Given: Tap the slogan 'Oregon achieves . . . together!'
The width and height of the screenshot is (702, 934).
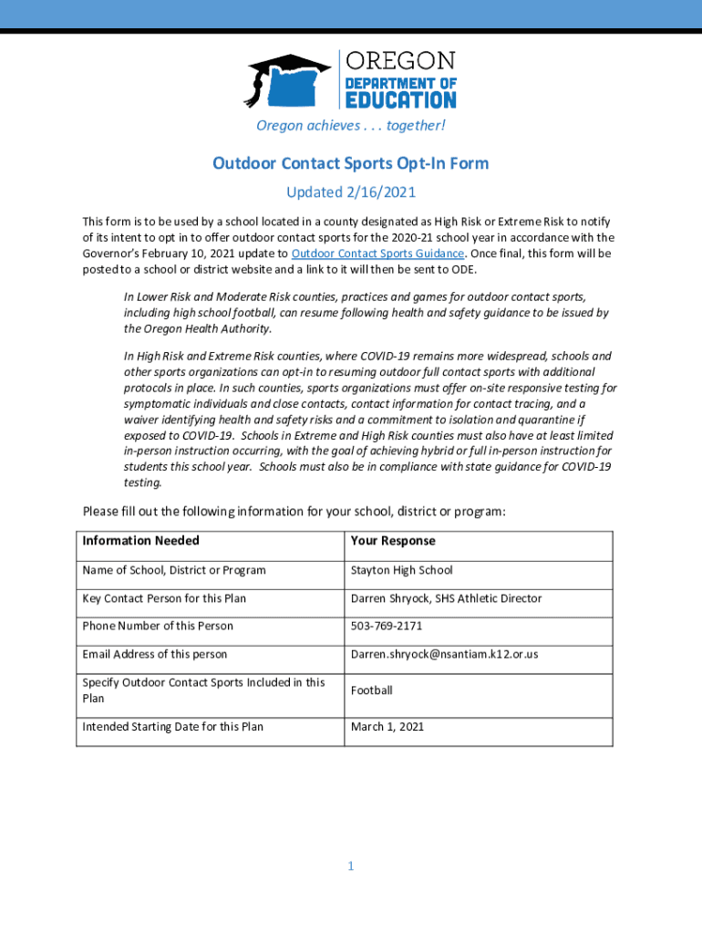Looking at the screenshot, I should [x=350, y=125].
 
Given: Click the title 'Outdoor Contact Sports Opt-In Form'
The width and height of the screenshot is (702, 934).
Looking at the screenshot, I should [x=351, y=163].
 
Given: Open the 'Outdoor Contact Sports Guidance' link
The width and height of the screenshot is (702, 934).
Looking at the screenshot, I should [x=377, y=254].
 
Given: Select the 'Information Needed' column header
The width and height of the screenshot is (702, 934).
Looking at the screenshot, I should [x=140, y=541].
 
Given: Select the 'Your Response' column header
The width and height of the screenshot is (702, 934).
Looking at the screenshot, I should [x=393, y=541].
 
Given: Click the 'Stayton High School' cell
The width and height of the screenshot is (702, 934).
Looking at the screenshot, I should [x=401, y=571].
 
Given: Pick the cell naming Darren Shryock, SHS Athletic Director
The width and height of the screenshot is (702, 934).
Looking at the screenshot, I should [x=446, y=598].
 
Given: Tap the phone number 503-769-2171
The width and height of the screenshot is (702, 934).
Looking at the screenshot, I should [x=387, y=626].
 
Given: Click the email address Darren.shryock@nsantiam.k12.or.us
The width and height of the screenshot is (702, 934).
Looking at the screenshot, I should [x=444, y=654].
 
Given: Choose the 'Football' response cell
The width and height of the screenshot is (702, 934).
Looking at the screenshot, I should [x=371, y=690].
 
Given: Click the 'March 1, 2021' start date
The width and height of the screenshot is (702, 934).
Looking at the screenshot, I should [x=387, y=727].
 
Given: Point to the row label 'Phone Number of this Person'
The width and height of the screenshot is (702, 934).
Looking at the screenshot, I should [x=158, y=626].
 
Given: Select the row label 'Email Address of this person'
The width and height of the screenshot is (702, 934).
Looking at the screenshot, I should [x=155, y=654].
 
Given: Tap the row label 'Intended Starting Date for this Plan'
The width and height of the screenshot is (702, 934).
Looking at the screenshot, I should [x=173, y=727].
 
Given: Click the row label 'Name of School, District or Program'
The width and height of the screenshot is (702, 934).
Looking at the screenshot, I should [x=174, y=571].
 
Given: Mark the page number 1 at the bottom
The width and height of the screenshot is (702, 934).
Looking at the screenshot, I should [x=350, y=867].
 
